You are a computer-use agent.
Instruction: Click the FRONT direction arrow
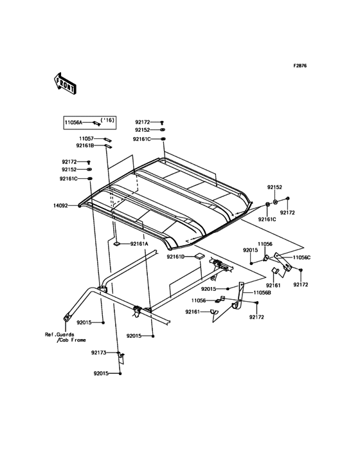[65, 84]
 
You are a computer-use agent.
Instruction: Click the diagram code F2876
[300, 66]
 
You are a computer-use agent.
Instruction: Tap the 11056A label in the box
[73, 122]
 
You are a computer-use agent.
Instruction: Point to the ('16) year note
[107, 120]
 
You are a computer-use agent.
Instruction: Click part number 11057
[86, 139]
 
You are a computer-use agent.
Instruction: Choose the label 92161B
[85, 145]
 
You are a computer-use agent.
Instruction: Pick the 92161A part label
[139, 244]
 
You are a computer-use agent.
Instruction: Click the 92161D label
[175, 257]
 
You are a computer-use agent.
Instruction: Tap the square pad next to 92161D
[199, 256]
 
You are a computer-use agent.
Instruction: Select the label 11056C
[301, 257]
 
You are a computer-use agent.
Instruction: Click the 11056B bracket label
[262, 293]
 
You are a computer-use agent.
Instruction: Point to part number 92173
[99, 353]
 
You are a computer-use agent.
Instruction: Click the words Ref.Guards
[60, 335]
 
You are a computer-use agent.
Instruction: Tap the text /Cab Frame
[71, 340]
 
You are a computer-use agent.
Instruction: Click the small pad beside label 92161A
[117, 244]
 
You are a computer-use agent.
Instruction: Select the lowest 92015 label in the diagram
[101, 374]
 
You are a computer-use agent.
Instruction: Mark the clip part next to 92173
[121, 356]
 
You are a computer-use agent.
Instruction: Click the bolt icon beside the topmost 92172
[162, 122]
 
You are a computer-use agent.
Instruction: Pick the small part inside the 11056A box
[96, 123]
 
